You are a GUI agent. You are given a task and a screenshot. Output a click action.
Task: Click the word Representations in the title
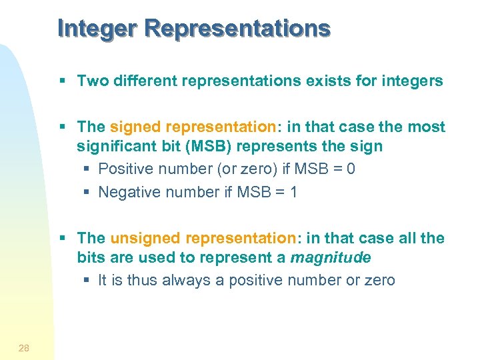point(237,28)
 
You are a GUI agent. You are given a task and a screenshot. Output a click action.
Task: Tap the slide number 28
point(24,347)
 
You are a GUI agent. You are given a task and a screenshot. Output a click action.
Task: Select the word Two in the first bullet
point(91,81)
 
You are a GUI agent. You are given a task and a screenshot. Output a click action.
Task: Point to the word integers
point(412,81)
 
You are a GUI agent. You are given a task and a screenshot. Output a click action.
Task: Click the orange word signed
point(135,127)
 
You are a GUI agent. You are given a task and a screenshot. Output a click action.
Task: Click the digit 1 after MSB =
point(293,192)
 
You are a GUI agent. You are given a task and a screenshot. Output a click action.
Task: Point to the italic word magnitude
point(331,257)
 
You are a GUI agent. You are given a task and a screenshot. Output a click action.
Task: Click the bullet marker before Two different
point(62,81)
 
